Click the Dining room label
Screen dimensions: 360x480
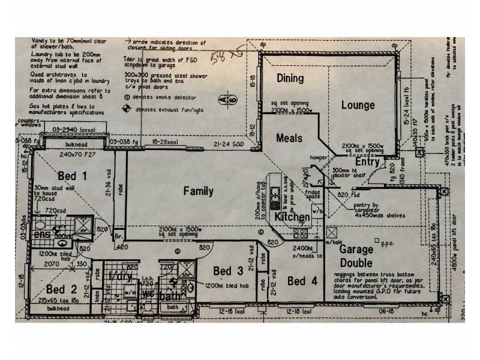coord(290,79)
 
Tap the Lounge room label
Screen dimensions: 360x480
coord(358,106)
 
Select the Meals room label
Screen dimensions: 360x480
coord(289,138)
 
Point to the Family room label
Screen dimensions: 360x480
coord(199,191)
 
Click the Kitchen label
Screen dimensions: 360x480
coord(292,216)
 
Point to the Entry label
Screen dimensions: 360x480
coord(367,162)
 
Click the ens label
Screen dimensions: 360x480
coord(41,235)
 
